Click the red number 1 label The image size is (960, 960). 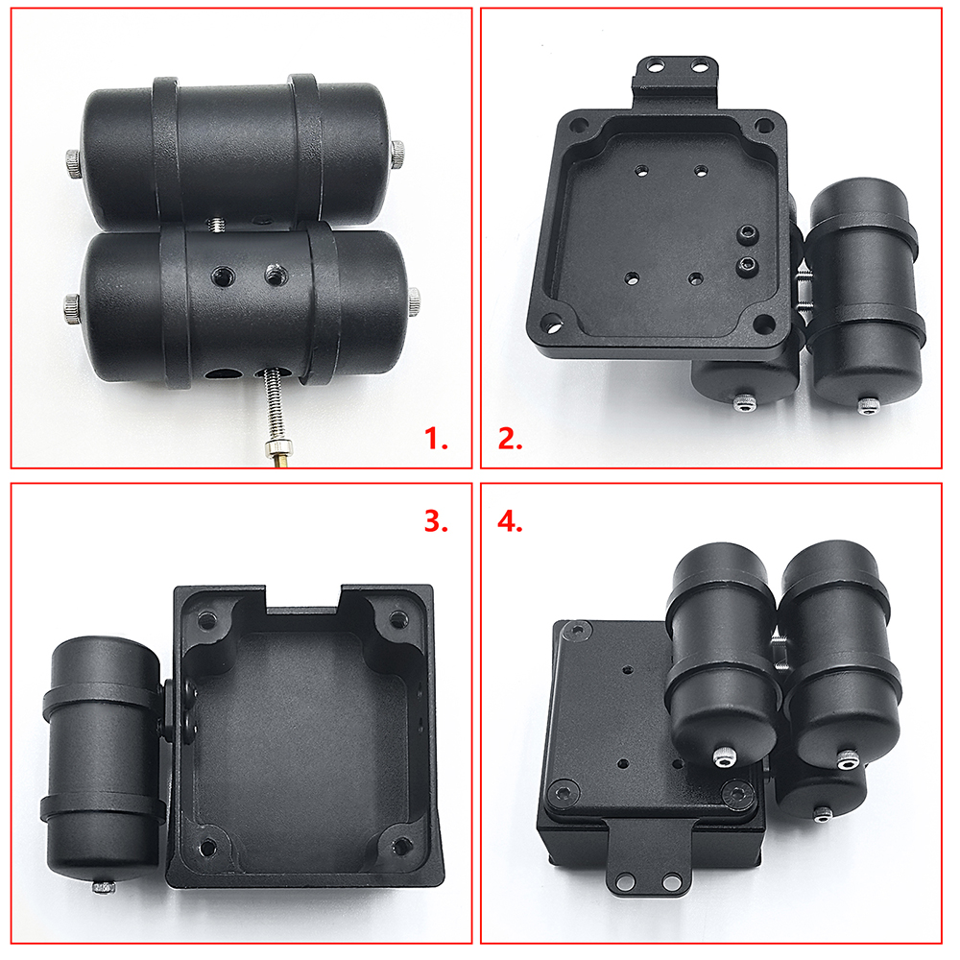[x=436, y=439]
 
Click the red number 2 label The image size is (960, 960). [x=510, y=439]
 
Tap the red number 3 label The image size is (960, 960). [x=436, y=521]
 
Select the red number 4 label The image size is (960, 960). [x=510, y=522]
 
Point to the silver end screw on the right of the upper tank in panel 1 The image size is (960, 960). [x=398, y=153]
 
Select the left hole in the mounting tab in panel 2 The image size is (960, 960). [x=656, y=65]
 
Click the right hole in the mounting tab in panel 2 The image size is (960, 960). [x=698, y=65]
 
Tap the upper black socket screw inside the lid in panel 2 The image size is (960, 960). [x=748, y=233]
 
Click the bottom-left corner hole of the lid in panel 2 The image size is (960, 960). [x=554, y=323]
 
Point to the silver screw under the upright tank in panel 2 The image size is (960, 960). [x=866, y=406]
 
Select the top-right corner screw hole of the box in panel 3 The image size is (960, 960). [x=398, y=619]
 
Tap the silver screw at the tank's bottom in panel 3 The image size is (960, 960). [x=104, y=886]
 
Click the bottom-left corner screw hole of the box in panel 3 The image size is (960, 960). [x=207, y=848]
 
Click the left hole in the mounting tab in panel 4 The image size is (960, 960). [x=624, y=882]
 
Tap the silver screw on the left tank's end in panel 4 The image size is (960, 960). [x=724, y=758]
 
